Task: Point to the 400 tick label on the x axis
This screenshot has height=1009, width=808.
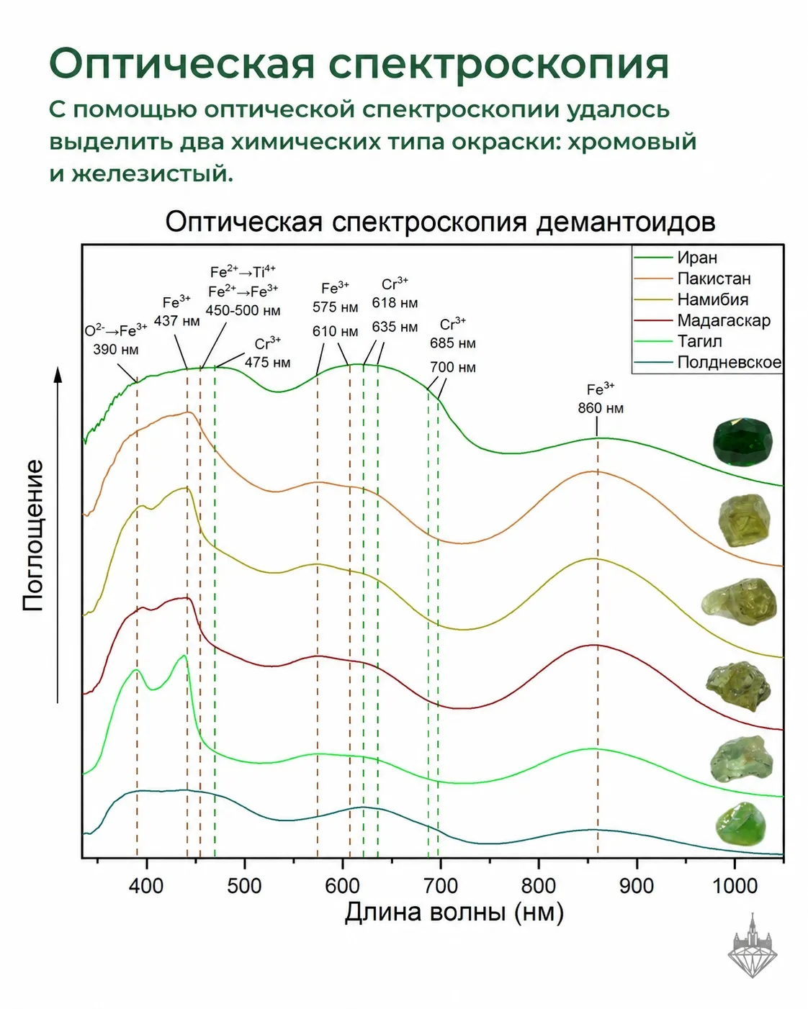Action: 146,886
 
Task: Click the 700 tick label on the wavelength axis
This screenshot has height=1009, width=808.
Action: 441,886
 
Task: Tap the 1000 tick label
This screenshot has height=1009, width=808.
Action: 735,886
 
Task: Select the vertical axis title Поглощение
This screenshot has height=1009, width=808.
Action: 33,535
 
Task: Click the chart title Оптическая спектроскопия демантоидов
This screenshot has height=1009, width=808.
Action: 440,222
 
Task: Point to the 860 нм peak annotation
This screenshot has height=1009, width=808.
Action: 601,408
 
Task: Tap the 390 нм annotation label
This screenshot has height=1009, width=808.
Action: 115,349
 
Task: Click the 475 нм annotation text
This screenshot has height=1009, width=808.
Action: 267,363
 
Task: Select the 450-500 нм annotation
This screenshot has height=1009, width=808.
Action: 243,310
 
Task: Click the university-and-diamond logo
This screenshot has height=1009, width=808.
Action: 752,952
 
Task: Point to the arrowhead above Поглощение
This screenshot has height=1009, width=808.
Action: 58,375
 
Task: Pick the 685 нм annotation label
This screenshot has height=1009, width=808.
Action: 453,343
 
